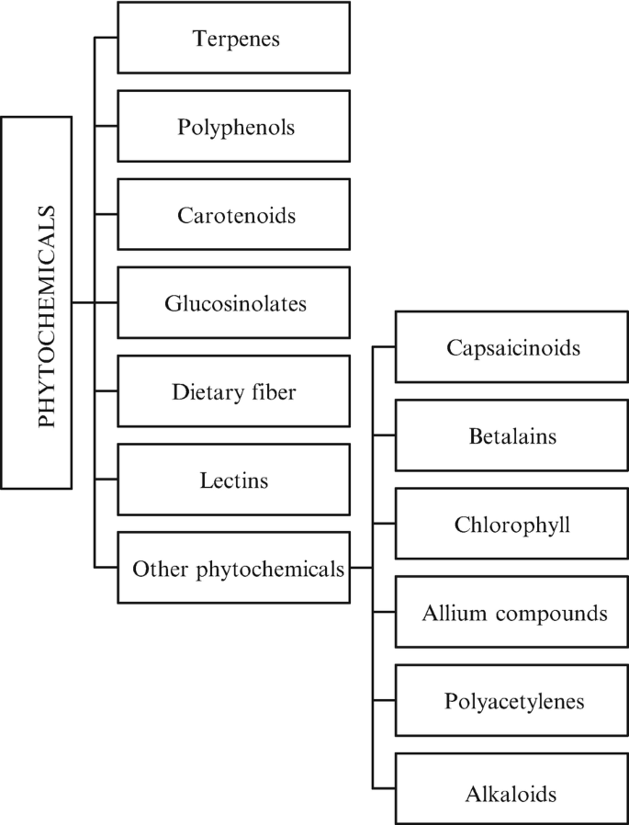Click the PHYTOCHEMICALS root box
point(37,301)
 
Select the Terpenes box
point(235,38)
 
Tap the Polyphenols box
point(235,126)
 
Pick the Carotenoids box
point(235,214)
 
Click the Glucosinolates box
point(235,302)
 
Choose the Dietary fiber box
point(235,390)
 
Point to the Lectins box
point(235,479)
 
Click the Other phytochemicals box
point(235,568)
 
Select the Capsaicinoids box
point(511,347)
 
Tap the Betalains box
point(511,435)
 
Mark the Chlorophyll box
point(511,524)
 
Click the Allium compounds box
point(511,612)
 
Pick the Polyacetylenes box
point(511,700)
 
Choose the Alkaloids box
point(511,788)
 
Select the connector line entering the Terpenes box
point(107,38)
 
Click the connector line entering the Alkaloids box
point(384,788)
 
